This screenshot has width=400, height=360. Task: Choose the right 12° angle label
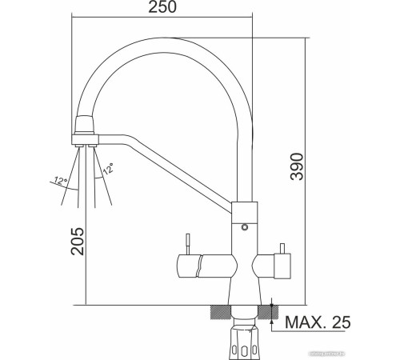point(106,170)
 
